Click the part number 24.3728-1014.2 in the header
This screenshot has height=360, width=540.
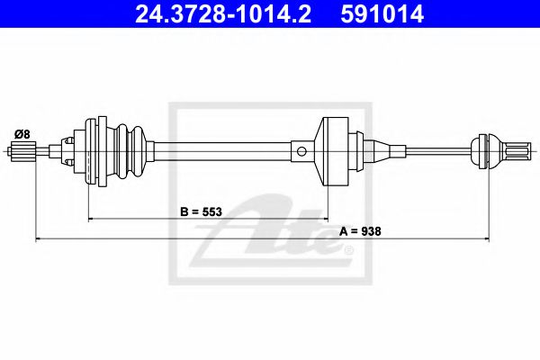(x=220, y=14)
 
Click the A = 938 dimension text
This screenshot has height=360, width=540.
(x=361, y=231)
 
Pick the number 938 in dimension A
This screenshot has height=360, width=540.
(x=371, y=231)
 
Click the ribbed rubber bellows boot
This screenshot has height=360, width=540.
(x=126, y=150)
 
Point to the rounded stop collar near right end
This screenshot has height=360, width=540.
(x=486, y=149)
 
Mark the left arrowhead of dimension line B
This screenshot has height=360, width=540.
(x=91, y=220)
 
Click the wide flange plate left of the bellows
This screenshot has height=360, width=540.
(x=90, y=150)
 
